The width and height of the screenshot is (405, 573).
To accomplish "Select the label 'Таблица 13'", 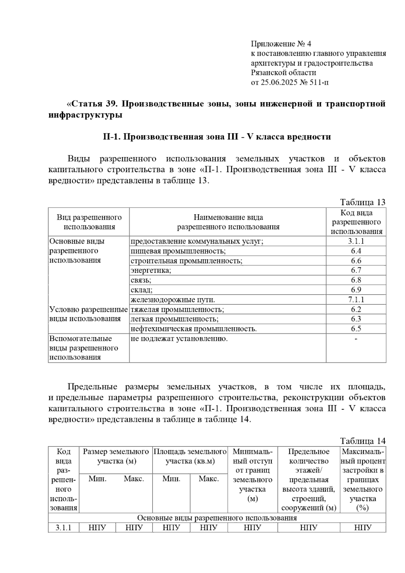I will pos(362,202).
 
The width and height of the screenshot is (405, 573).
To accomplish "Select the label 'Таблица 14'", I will pos(362,441).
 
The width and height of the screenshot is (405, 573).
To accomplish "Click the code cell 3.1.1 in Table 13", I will pos(356,241).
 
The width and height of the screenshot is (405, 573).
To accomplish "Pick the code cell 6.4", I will pos(356,251).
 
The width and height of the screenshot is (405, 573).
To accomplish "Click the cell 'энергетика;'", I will pos(151,270).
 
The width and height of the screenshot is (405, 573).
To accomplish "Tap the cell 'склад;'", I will pos(142,290).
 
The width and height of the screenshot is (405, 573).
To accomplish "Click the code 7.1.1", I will pos(356,300).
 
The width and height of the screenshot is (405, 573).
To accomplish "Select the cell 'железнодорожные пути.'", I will pos(173,300).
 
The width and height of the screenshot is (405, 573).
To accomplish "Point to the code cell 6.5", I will pos(356,329).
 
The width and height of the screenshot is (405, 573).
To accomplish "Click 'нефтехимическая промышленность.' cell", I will pos(194,329).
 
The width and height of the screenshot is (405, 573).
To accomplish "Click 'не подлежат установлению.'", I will pos(179,338).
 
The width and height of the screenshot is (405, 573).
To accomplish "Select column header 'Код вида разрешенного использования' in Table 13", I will pos(356,222).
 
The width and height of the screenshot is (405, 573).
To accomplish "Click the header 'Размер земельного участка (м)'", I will pos(116,456).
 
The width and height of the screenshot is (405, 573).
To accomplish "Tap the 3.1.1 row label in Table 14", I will pos(63,528).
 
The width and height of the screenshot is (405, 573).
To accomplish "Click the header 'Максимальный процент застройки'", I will pos(363,479).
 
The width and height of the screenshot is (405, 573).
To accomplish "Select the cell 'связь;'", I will pos(141,280).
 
